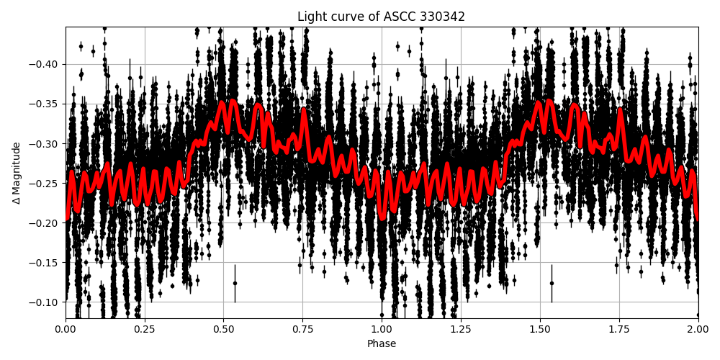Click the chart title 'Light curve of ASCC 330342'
point(382,17)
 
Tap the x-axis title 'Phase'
point(382,344)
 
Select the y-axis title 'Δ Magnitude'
point(17,173)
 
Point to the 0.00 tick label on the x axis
point(66,330)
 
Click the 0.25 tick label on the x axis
point(145,330)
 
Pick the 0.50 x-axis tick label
point(224,330)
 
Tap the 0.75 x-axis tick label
point(302,330)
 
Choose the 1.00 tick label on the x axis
point(382,330)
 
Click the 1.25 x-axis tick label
point(461,330)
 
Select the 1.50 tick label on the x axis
point(540,330)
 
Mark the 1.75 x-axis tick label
point(618,330)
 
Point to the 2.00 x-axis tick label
point(698,330)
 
